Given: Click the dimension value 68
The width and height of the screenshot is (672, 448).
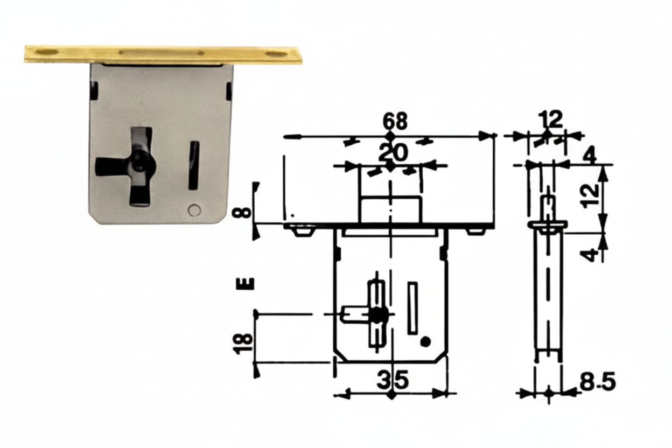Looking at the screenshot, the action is coord(395,122).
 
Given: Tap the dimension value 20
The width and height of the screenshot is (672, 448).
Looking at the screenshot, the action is coord(393,153).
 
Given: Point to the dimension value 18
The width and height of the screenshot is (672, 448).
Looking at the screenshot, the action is coord(243,344).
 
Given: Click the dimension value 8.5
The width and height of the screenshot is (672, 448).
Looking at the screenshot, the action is coord(598,381).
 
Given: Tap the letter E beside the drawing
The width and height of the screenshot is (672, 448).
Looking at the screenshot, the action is coord(246,284).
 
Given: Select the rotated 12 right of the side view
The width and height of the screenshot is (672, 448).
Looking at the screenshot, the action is coord(590,195).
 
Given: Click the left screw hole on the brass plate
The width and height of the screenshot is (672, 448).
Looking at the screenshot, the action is coord(46,52).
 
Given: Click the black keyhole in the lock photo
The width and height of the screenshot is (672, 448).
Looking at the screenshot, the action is coord(140,157).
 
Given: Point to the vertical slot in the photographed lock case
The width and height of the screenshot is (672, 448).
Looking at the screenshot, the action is coord(193,165).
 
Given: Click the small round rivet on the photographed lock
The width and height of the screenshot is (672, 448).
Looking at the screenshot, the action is coord(194,210).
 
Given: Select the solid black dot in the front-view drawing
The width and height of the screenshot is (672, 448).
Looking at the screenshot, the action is coord(426,341).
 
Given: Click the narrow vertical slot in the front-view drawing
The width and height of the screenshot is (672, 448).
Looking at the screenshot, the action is coord(413,308).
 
